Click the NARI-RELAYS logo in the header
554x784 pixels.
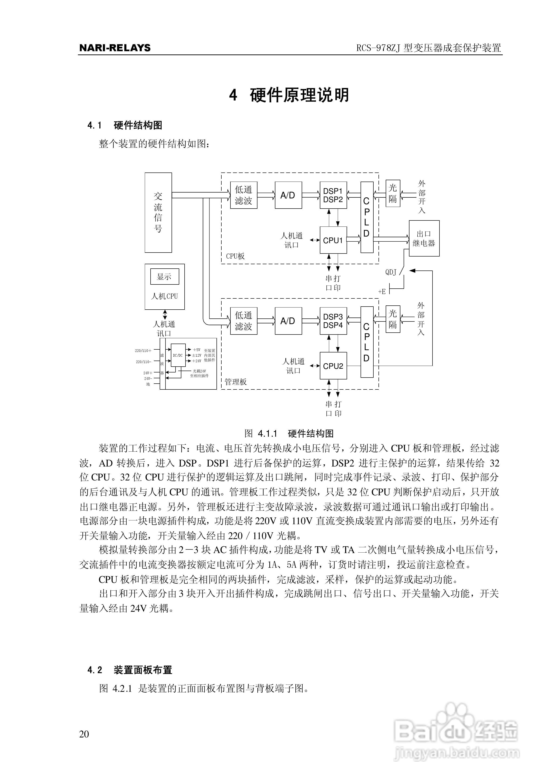coord(115,48)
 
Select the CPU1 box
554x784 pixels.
coord(333,240)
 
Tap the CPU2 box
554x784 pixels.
coord(333,366)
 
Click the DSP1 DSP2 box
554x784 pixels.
coord(333,195)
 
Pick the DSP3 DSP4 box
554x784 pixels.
coord(333,321)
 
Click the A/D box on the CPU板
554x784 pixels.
coord(288,195)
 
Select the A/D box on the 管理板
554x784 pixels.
coord(288,321)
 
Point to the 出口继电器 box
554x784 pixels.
coord(424,238)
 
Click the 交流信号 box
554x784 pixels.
coord(158,212)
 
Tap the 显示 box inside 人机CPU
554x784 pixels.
coord(164,277)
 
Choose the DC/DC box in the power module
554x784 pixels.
coord(178,355)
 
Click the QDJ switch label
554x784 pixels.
coord(391,272)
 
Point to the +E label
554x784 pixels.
coord(382,291)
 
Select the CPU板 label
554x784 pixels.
coord(235,256)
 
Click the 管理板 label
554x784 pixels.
coord(236,382)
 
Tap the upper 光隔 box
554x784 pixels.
coord(393,193)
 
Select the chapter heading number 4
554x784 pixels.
coord(233,95)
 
